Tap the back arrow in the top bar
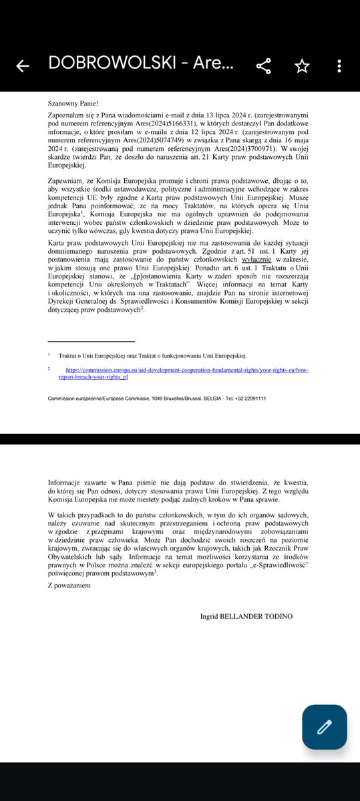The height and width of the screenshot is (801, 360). coord(23,65)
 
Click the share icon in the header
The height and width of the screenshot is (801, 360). coord(264,65)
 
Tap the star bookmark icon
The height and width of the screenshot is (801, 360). coord(302,65)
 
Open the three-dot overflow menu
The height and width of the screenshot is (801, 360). coord(340,65)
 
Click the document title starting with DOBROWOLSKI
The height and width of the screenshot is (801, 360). coord(140,65)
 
